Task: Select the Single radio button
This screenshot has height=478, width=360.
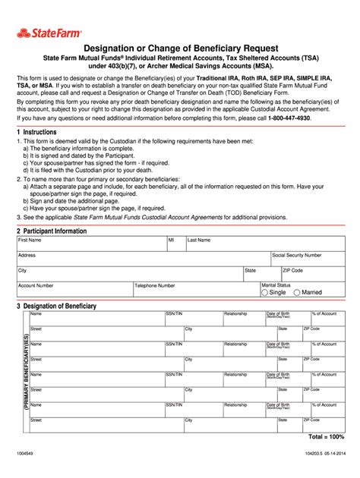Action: [264, 292]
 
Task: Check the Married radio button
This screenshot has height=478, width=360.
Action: [298, 292]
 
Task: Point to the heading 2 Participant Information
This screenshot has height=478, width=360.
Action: [52, 231]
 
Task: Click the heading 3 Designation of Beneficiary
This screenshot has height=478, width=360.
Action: [56, 306]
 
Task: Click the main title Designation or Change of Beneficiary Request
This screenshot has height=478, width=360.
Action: [179, 47]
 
